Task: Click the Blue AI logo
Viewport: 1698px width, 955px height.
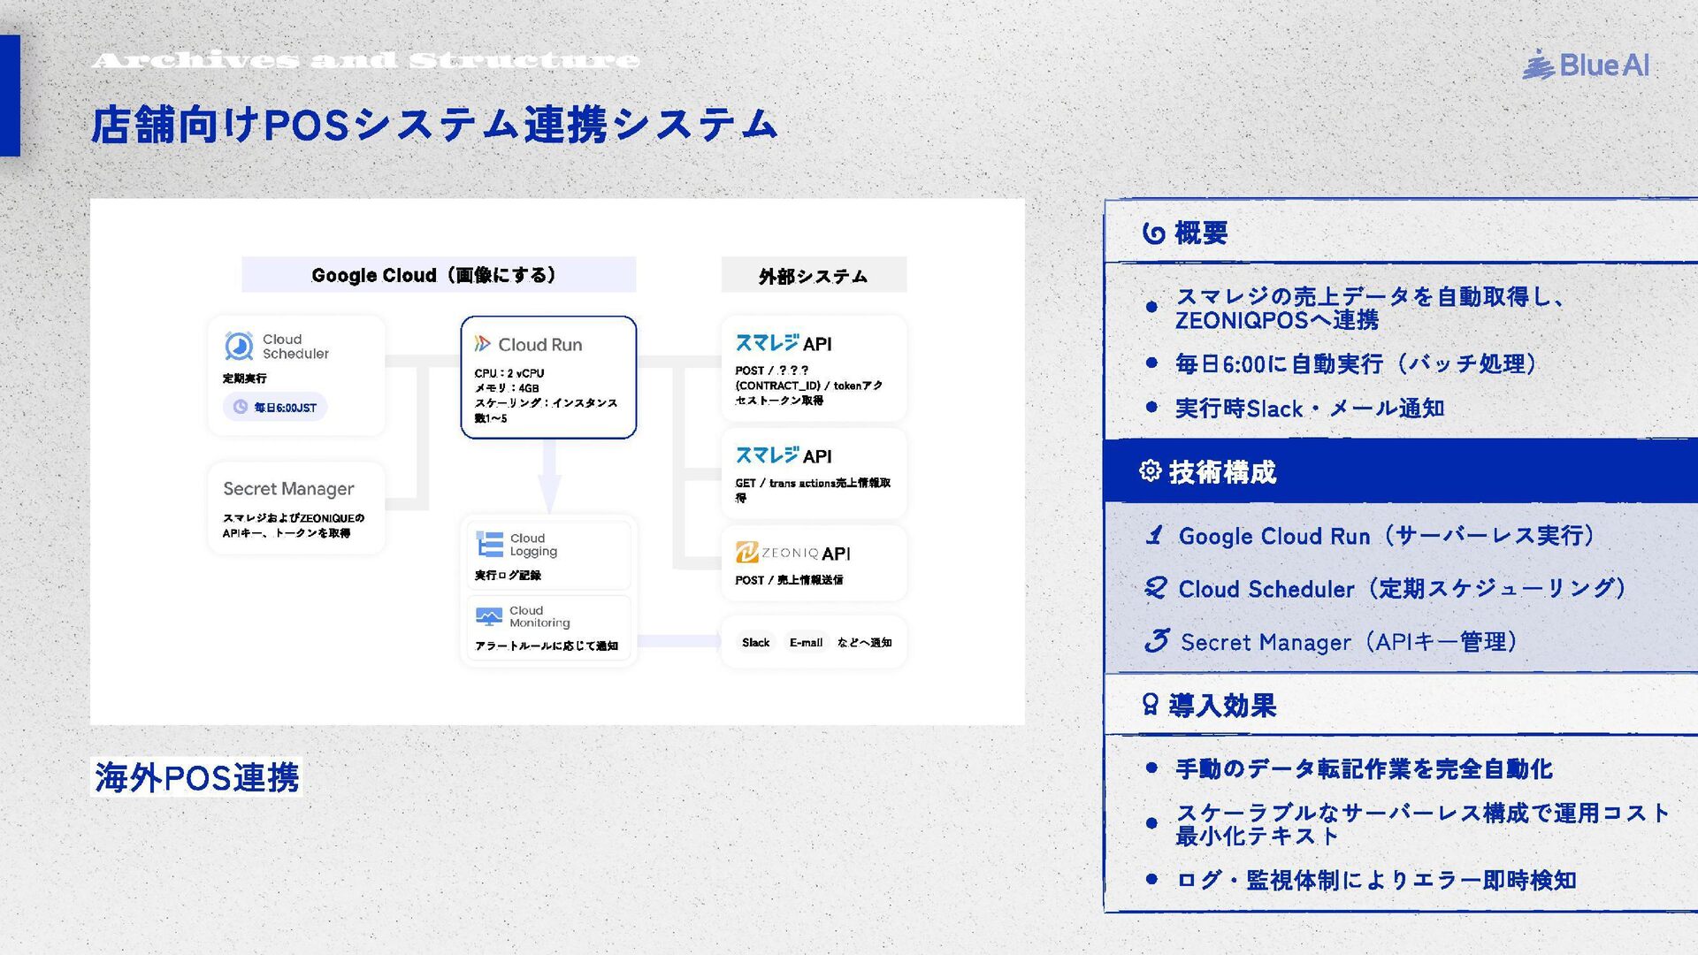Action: (x=1586, y=65)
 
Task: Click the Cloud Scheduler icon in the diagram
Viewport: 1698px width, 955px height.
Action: (x=239, y=346)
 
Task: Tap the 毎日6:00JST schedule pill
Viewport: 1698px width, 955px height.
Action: (x=275, y=407)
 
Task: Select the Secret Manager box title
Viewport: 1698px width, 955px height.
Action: (x=288, y=488)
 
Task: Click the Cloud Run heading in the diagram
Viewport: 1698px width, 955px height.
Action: (x=539, y=344)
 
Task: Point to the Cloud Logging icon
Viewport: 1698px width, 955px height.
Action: (x=489, y=544)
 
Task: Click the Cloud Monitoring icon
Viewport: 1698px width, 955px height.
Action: (x=488, y=615)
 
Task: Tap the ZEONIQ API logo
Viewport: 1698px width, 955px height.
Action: (x=792, y=553)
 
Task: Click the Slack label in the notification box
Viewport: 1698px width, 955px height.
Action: (x=755, y=642)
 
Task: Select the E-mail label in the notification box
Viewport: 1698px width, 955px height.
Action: (x=806, y=642)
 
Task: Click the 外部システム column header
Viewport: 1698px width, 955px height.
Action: (x=813, y=276)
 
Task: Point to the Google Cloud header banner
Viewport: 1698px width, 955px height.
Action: (x=438, y=275)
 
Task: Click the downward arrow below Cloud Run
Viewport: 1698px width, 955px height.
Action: (x=549, y=477)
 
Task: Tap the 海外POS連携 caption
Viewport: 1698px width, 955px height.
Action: (x=196, y=777)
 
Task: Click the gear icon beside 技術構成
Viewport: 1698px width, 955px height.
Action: (x=1150, y=470)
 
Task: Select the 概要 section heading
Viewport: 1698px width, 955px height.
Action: (x=1200, y=233)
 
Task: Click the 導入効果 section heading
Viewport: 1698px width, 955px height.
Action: (x=1221, y=705)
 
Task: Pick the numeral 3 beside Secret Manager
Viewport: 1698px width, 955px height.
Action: (x=1156, y=640)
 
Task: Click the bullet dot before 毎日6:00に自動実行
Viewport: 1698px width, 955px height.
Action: (x=1151, y=363)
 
